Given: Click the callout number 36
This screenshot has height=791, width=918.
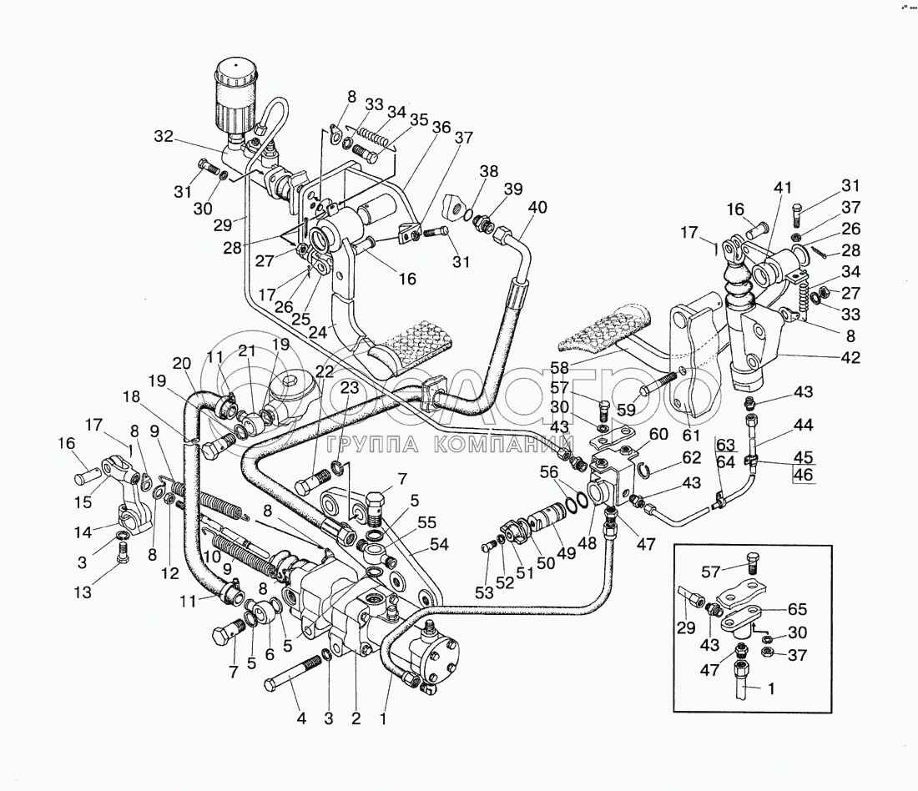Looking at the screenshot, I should click(441, 127).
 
